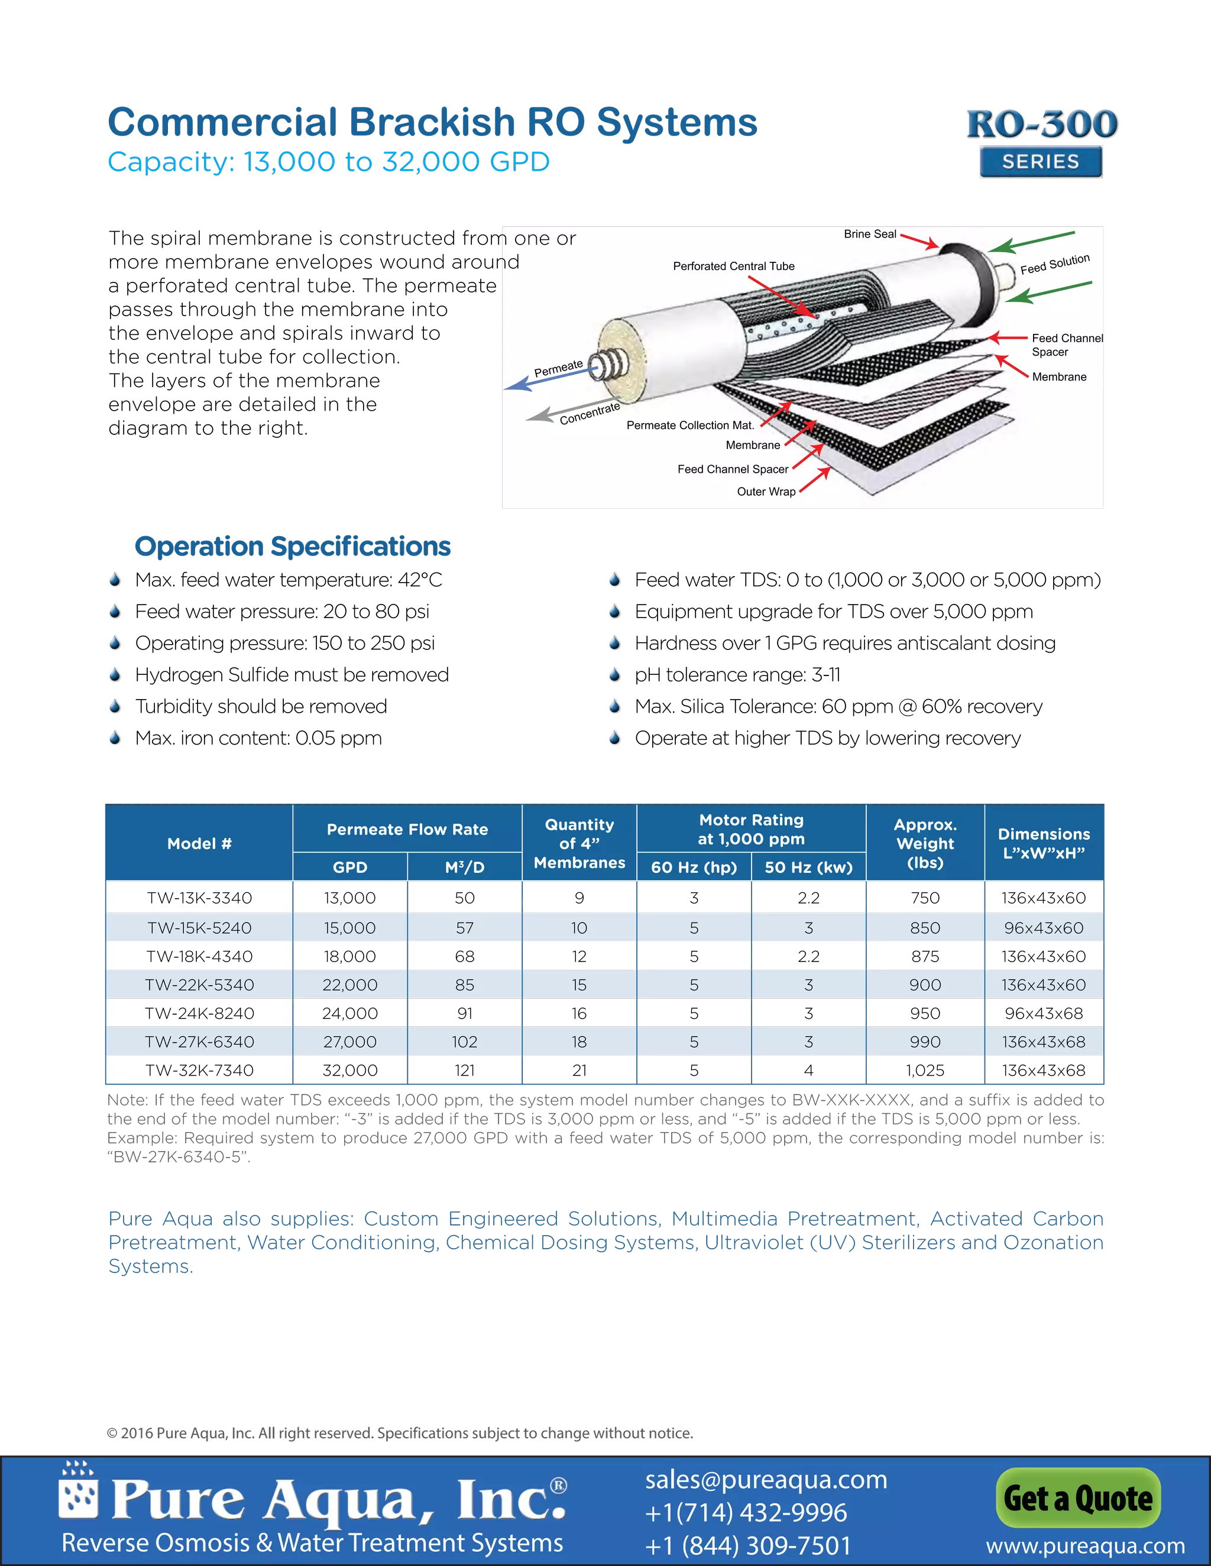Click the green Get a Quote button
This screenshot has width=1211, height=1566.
click(1077, 1498)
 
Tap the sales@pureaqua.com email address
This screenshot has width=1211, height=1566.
click(766, 1479)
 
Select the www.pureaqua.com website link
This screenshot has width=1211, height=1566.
click(1084, 1546)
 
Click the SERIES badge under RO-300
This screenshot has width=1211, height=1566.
click(1040, 162)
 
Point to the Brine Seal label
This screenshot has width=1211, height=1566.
click(869, 234)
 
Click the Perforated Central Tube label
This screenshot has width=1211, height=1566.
click(733, 266)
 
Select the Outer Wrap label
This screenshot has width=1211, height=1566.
click(766, 491)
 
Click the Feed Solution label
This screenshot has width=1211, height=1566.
click(1055, 264)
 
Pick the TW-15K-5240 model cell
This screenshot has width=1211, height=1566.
click(199, 928)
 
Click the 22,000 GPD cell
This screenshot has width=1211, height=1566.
click(349, 985)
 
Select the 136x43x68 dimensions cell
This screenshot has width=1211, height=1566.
click(1043, 1042)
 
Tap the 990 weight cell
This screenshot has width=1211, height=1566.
click(925, 1042)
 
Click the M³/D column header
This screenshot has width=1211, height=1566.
click(464, 867)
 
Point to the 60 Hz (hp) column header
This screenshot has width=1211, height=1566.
click(694, 867)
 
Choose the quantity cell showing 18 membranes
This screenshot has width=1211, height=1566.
click(579, 1042)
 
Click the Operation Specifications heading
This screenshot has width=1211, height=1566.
click(293, 547)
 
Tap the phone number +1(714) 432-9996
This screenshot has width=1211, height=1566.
click(746, 1512)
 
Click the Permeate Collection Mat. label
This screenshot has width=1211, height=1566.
click(690, 425)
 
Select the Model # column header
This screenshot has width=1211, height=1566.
click(199, 843)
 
